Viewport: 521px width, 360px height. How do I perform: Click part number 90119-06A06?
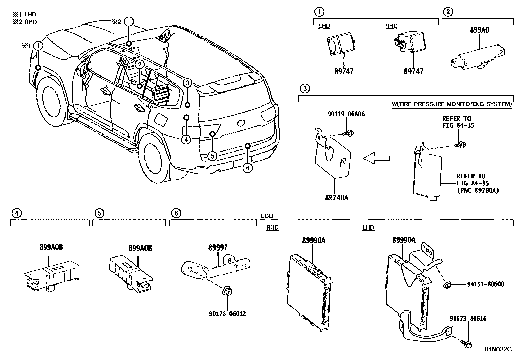346,114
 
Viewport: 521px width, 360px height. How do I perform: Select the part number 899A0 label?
479,30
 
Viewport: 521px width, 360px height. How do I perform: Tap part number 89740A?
336,198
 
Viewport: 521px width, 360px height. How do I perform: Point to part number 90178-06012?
227,314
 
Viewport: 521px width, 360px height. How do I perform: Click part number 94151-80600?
485,284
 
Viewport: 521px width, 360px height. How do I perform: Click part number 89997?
218,248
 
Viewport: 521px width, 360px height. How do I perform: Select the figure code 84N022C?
497,349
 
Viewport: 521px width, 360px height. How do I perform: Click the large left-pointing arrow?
377,159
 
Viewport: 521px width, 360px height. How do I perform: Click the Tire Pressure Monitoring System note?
452,104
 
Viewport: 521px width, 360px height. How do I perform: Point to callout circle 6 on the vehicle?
248,168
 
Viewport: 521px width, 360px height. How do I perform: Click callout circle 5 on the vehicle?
212,156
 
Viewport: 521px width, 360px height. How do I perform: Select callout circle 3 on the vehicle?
187,83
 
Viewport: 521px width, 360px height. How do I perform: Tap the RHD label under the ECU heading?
272,228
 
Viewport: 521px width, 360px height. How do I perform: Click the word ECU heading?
266,216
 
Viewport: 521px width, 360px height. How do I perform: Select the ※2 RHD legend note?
25,22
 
